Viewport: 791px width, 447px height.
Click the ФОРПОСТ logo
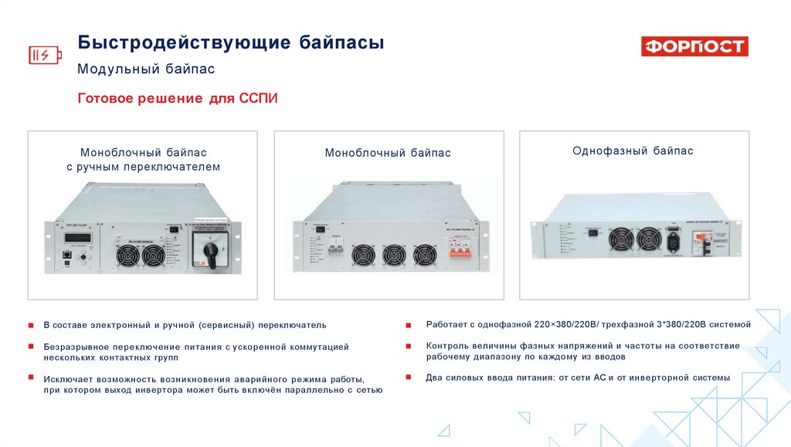pyautogui.click(x=694, y=47)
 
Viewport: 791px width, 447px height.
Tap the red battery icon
pyautogui.click(x=43, y=55)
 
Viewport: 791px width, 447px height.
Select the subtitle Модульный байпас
pyautogui.click(x=146, y=69)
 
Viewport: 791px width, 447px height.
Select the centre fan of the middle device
pyautogui.click(x=393, y=255)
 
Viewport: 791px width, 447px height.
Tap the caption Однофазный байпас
pyautogui.click(x=633, y=151)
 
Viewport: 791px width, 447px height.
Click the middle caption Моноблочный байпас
pyautogui.click(x=388, y=153)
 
